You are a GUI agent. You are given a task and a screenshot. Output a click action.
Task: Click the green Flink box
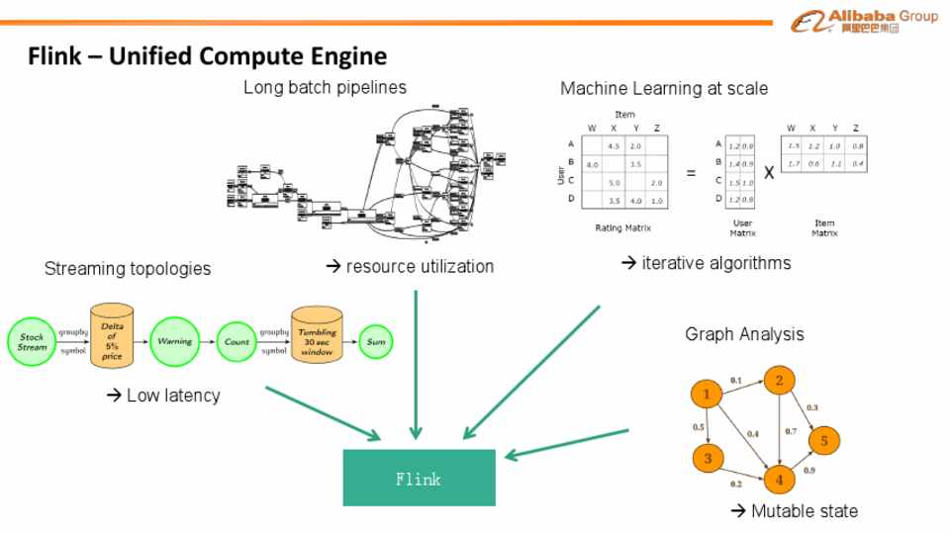[x=419, y=478]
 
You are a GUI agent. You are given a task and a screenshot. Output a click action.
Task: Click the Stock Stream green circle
[x=32, y=342]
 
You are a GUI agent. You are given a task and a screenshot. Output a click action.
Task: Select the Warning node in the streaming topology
[x=174, y=342]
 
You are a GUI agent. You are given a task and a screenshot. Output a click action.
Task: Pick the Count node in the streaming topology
[x=237, y=342]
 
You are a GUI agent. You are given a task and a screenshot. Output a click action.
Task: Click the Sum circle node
[x=376, y=342]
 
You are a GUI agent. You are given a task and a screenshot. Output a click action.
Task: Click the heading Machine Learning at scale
[x=664, y=89]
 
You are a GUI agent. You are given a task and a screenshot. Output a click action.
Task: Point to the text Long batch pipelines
[x=325, y=87]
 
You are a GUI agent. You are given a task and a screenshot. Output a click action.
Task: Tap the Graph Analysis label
[x=744, y=334]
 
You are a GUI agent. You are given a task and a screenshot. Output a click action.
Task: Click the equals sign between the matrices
[x=691, y=173]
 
